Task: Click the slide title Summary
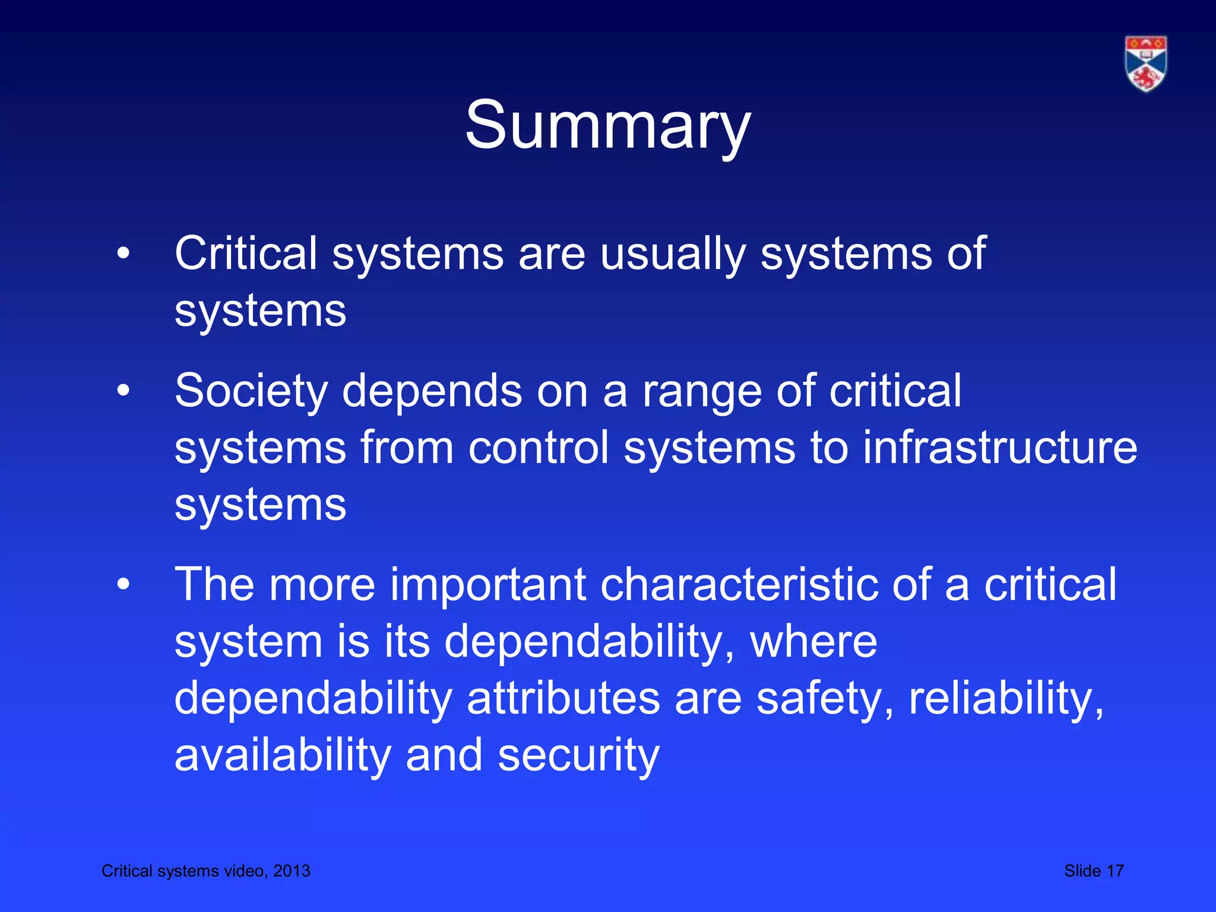(607, 126)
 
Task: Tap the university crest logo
(1145, 64)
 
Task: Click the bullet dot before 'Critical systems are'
(123, 254)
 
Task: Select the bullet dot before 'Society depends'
(123, 391)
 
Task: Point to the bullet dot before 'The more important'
(123, 585)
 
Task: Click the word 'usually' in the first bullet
(673, 254)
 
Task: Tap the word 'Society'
(251, 391)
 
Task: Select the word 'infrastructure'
(1000, 448)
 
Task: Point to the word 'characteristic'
(739, 585)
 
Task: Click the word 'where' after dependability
(813, 642)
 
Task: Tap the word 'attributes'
(563, 698)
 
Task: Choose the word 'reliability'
(1006, 699)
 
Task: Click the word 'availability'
(283, 756)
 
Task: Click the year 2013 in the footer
(292, 870)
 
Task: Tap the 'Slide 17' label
(1094, 870)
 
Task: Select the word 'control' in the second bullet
(539, 448)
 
